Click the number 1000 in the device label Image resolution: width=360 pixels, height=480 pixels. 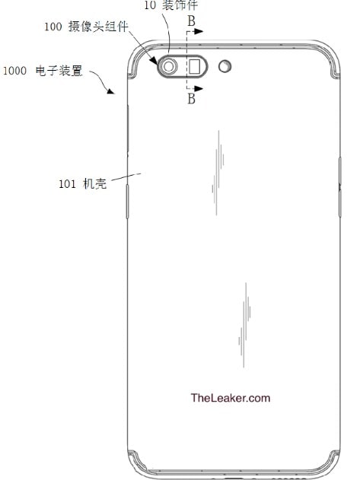[x=14, y=71]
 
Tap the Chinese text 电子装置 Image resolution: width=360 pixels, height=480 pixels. [x=59, y=71]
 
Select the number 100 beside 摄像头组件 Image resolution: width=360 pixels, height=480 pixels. [x=53, y=27]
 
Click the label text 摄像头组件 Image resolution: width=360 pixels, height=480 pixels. [x=98, y=27]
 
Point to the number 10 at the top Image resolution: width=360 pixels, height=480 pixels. [x=150, y=5]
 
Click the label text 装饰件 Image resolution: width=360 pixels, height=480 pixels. [x=180, y=5]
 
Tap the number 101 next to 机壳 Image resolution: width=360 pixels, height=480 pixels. [x=67, y=184]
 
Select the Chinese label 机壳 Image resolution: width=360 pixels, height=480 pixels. [x=95, y=183]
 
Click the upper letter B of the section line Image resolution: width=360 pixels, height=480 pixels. [x=192, y=21]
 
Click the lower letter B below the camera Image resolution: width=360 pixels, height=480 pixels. [x=192, y=99]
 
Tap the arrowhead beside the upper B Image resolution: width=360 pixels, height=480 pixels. [x=199, y=31]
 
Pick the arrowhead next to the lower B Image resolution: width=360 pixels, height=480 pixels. [x=199, y=88]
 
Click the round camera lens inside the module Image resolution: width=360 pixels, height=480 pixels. [x=168, y=66]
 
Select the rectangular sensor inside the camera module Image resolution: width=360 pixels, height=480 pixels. [x=195, y=66]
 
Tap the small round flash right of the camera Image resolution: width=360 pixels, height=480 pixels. [x=225, y=66]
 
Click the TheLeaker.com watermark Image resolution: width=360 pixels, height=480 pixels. [x=231, y=398]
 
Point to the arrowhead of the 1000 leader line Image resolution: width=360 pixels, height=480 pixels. [x=110, y=91]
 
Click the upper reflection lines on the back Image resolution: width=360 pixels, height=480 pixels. [x=218, y=173]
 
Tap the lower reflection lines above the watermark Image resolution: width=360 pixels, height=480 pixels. [x=244, y=325]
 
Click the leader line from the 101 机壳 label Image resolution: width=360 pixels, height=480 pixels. [x=126, y=177]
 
